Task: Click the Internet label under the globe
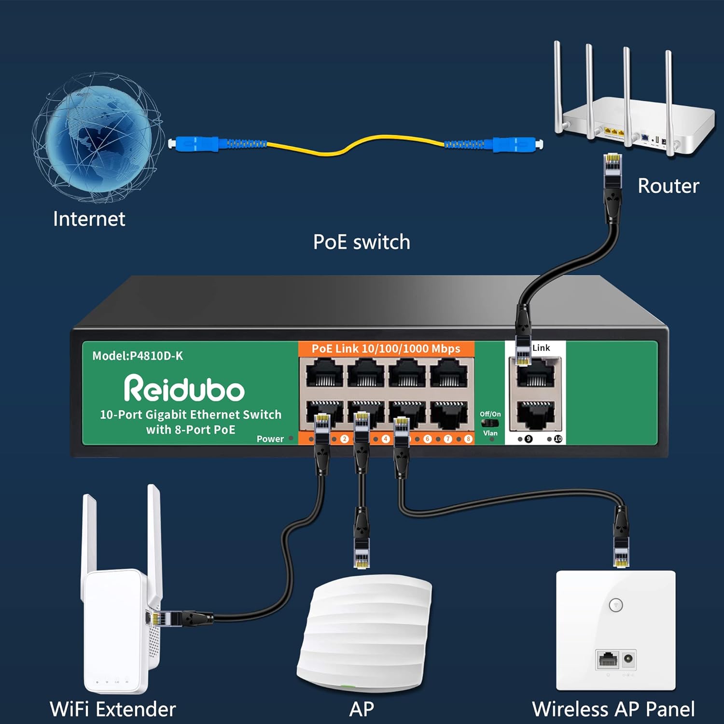(x=89, y=219)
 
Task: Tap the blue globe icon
(x=97, y=138)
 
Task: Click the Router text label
(x=668, y=186)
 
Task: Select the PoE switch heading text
(x=362, y=242)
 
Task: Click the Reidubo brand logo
(x=184, y=389)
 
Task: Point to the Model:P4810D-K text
(x=138, y=356)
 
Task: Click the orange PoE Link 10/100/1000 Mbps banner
(x=386, y=348)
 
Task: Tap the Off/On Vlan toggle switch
(x=489, y=423)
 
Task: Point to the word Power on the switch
(x=270, y=439)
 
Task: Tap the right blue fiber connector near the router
(x=515, y=144)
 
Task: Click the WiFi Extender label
(x=112, y=709)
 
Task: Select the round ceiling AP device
(x=364, y=632)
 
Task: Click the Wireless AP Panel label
(x=613, y=709)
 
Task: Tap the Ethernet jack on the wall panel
(x=608, y=659)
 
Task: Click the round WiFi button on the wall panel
(x=616, y=605)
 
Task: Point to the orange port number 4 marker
(x=385, y=439)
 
